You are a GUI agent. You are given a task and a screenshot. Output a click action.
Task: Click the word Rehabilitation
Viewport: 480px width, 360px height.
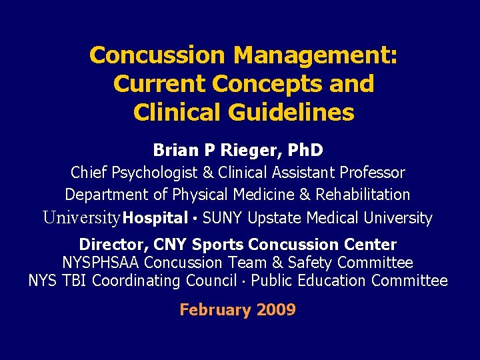(363, 195)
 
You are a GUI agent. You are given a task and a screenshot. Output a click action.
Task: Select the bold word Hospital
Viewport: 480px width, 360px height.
(155, 218)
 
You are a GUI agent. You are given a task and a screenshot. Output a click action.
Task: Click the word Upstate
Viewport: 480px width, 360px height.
(277, 218)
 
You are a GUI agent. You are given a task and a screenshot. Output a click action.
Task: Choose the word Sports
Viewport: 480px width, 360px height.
(214, 245)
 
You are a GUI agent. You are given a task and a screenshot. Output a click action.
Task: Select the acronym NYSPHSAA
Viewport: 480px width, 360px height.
(101, 263)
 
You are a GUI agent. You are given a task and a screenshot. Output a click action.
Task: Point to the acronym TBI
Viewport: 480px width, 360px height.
(75, 281)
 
